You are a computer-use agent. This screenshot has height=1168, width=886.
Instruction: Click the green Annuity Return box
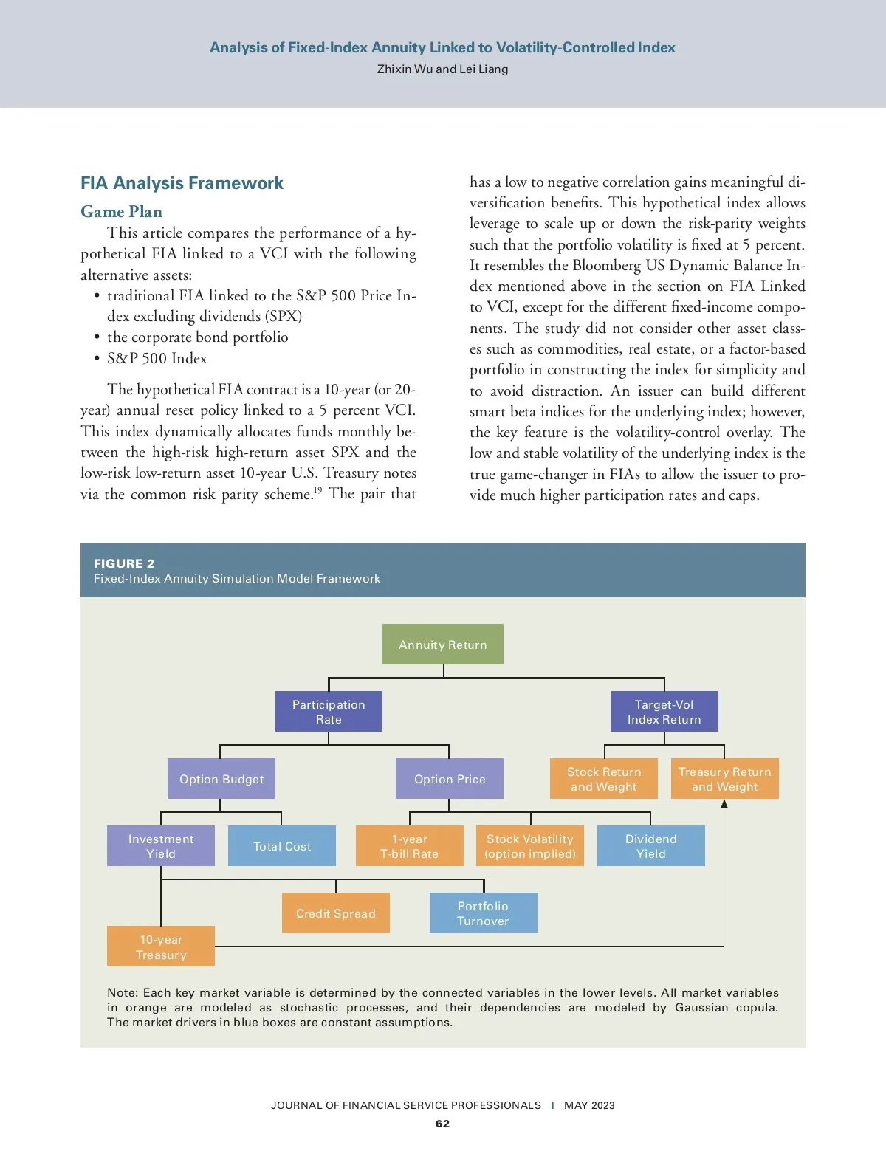443,645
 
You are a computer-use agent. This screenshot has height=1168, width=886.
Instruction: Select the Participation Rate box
329,712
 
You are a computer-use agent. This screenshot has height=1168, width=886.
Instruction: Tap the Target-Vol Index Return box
664,712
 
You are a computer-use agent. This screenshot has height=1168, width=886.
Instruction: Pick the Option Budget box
221,779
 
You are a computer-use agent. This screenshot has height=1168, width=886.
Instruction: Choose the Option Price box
450,779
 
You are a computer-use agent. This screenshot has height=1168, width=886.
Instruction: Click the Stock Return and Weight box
604,779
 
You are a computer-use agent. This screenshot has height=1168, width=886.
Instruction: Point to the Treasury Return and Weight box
724,779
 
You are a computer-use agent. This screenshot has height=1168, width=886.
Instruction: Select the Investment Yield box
161,846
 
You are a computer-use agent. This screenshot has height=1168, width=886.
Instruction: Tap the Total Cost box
282,846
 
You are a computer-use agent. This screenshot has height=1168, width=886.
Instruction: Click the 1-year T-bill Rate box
410,846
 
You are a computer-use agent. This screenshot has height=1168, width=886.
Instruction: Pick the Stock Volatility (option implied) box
530,846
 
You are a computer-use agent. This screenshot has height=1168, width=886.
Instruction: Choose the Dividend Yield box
651,846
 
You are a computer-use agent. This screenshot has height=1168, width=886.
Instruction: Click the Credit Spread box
336,913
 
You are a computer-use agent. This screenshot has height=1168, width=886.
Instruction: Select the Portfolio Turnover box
484,913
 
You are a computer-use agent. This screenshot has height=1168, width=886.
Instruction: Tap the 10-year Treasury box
161,947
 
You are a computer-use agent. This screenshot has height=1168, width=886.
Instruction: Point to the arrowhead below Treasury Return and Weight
724,804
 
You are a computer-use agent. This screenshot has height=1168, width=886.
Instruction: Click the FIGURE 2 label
124,563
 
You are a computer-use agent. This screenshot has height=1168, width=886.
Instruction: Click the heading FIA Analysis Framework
182,183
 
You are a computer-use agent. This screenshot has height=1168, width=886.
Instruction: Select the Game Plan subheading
121,212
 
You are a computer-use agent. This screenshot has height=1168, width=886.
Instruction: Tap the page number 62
442,1124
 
